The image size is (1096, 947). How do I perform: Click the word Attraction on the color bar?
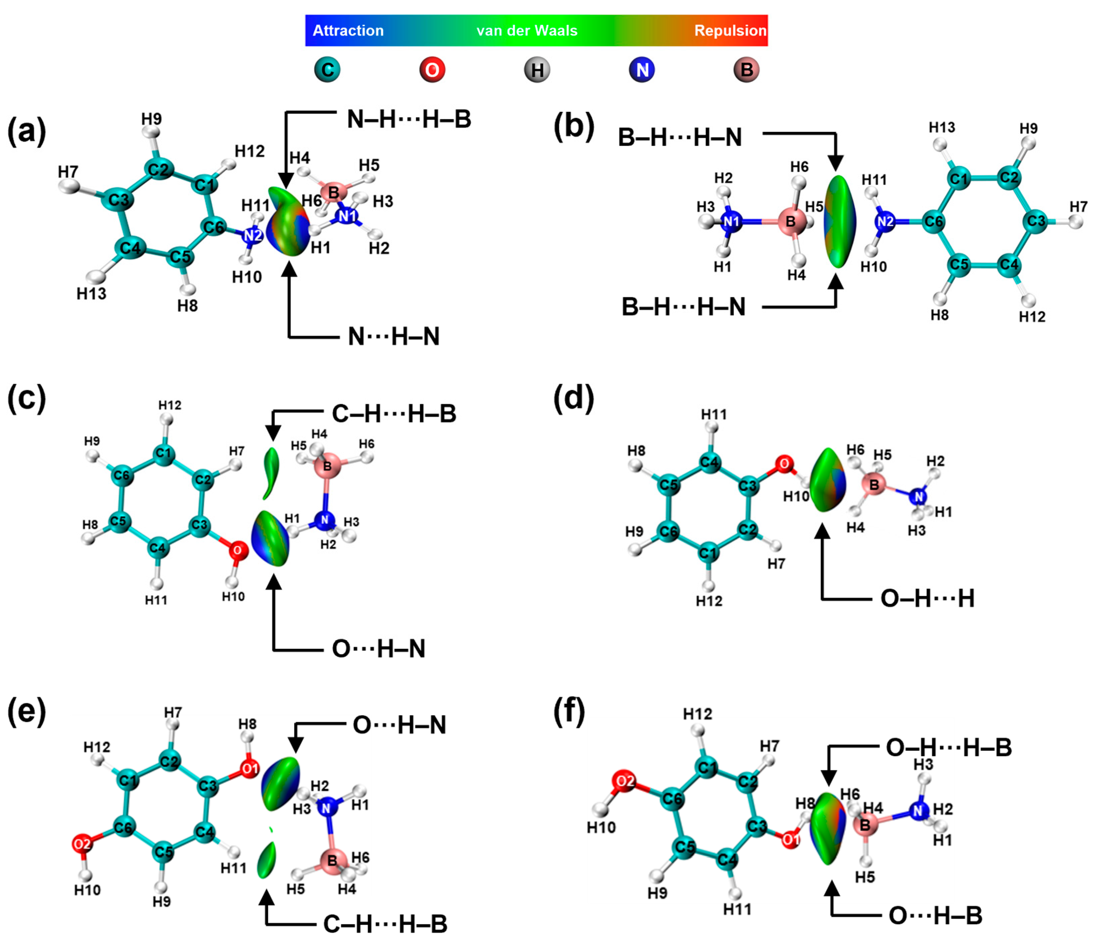[x=348, y=31]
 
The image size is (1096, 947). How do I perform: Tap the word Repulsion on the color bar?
[x=730, y=31]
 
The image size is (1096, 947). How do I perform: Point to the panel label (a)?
[x=26, y=131]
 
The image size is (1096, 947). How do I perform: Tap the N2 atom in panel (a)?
[x=253, y=236]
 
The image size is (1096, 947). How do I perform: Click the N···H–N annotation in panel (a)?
[x=393, y=337]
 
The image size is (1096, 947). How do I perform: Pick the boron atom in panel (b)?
[x=791, y=221]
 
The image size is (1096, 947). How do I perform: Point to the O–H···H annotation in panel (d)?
[x=927, y=598]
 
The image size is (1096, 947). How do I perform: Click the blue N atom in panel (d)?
[x=919, y=497]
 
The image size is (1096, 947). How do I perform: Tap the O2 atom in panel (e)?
[x=83, y=844]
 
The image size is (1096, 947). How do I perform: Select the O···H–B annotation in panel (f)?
[x=935, y=915]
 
